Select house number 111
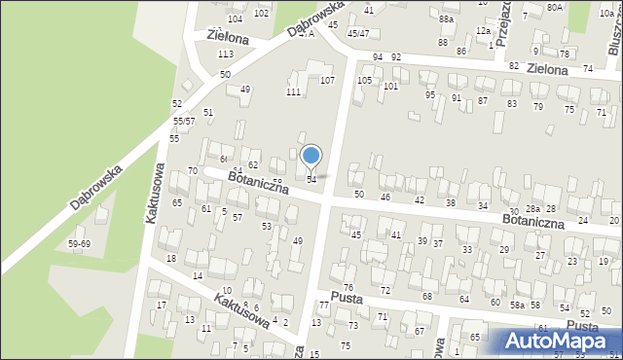292,91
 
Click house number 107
327,80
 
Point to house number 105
364,80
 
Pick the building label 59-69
79,243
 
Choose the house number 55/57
184,121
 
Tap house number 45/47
358,33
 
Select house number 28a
532,209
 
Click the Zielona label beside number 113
229,37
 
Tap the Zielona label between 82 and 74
546,70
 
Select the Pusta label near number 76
346,298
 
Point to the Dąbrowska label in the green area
94,188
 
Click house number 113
225,54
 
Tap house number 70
192,171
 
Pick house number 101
390,87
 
